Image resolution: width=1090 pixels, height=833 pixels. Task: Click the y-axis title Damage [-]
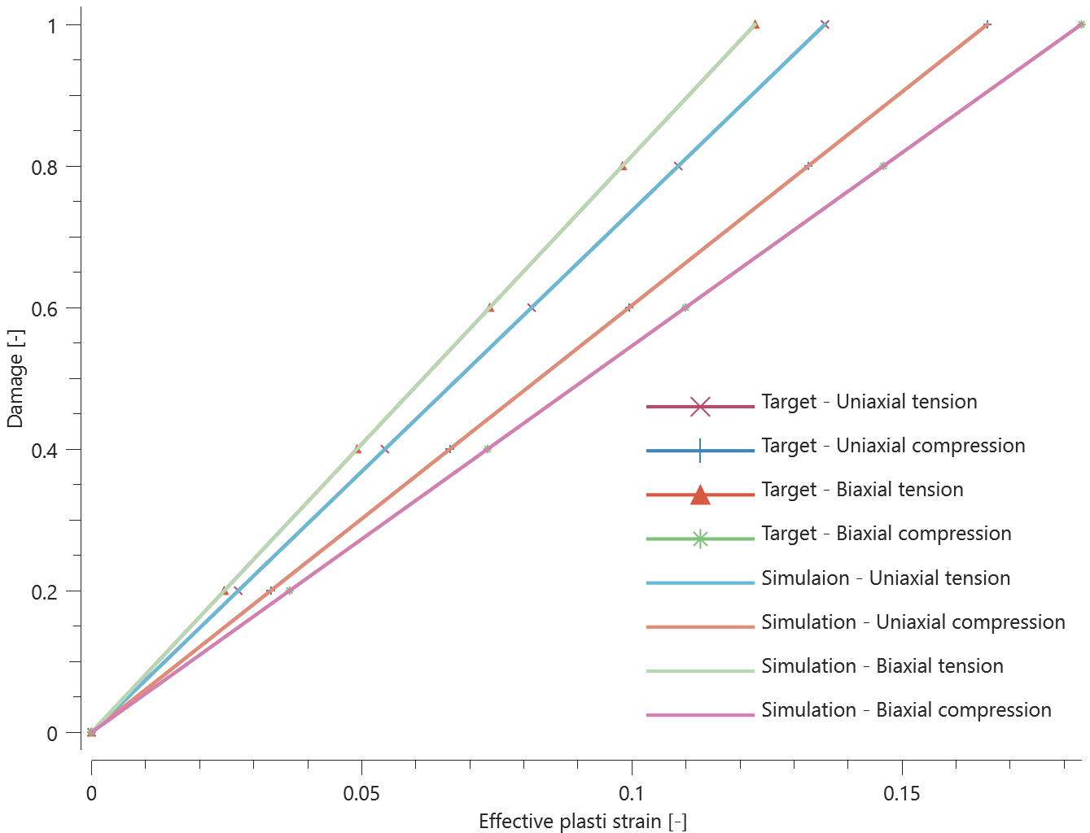15,379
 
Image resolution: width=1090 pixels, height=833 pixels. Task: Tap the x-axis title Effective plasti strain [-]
583,821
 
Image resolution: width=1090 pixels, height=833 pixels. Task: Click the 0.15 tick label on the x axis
902,793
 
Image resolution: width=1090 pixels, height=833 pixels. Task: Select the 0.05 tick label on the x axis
361,793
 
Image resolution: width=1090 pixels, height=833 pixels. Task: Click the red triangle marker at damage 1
755,24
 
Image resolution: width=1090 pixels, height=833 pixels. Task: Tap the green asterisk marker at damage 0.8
883,166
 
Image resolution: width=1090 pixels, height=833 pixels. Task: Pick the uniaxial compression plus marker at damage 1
987,24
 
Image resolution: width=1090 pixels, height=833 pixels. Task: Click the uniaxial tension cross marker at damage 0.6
532,307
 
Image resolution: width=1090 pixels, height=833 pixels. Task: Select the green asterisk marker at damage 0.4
487,449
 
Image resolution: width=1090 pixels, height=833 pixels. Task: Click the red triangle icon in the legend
700,494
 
